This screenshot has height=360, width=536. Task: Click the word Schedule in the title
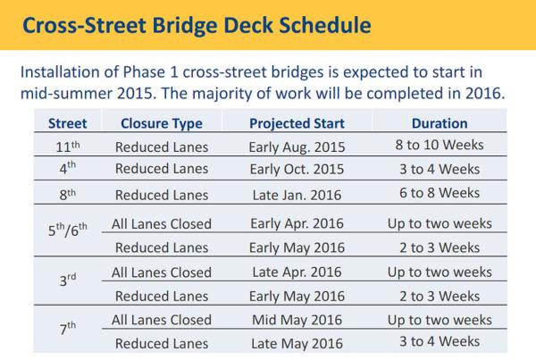pos(325,25)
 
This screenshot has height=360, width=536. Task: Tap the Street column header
pos(68,123)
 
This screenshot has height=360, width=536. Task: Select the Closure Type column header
pos(162,124)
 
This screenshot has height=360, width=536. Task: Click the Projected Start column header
pos(297,124)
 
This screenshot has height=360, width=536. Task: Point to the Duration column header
pos(440,123)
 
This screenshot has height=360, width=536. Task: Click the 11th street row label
pos(68,147)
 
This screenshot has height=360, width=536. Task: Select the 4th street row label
pos(68,168)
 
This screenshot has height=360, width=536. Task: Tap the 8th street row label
pos(68,194)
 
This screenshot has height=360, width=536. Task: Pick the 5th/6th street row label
pos(68,230)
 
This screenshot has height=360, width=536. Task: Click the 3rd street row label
pos(68,280)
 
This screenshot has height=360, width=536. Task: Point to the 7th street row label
pos(68,328)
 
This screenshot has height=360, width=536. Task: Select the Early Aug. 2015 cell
pos(297,147)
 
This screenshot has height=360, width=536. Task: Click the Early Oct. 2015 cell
pos(297,169)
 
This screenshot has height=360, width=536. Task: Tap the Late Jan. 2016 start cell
pos(297,196)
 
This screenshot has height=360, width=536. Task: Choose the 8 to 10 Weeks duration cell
pos(440,145)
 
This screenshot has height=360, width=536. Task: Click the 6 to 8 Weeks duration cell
pos(440,193)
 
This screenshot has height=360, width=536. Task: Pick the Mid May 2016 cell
pos(297,320)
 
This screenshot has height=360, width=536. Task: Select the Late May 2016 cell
pos(297,344)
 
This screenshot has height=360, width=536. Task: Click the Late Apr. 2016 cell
pos(297,272)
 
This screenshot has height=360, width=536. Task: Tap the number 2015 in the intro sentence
pos(134,93)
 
